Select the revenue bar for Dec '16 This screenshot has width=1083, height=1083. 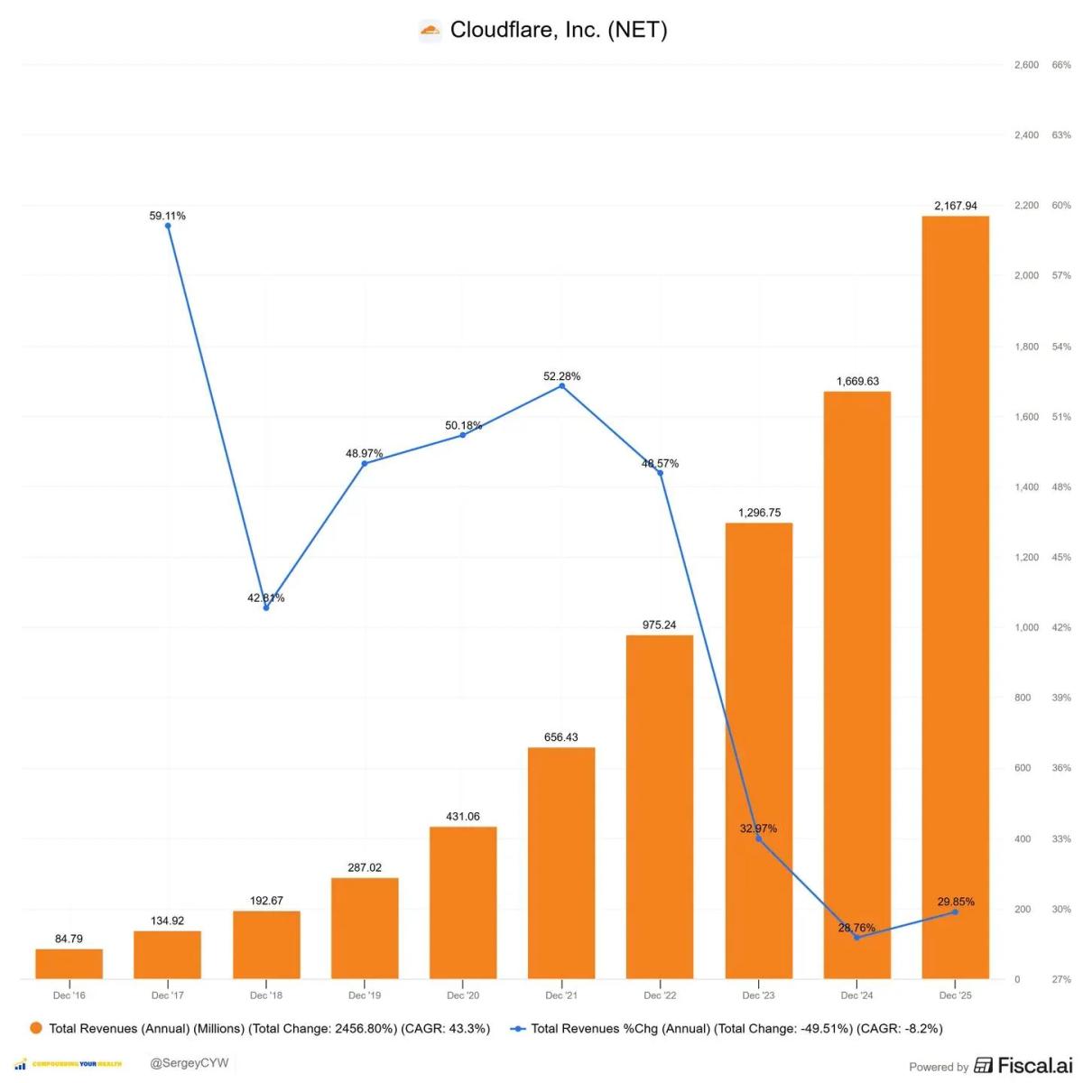69,964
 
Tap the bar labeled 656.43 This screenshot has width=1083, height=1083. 561,863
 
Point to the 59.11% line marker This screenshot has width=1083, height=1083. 168,226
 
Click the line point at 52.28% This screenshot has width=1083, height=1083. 562,385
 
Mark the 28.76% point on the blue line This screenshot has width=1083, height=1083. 856,938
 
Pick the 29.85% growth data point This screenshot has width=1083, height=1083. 955,912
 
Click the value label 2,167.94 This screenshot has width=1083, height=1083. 955,206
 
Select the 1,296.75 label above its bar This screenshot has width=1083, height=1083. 759,513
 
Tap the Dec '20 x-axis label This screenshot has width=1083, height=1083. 463,995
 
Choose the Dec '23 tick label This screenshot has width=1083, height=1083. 758,995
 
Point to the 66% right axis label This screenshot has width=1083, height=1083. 1061,65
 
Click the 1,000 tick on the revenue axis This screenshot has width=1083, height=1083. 1026,627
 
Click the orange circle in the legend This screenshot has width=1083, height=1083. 36,1028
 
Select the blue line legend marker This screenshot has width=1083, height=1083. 518,1028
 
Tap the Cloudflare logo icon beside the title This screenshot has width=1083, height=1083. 430,31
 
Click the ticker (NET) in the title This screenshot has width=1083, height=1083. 637,30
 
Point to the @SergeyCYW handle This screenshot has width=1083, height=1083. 190,1063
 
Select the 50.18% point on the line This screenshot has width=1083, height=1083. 463,435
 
